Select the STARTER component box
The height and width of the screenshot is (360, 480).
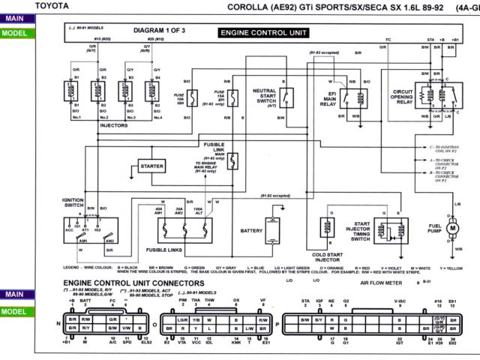pyautogui.click(x=151, y=166)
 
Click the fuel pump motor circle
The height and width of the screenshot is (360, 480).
pyautogui.click(x=452, y=226)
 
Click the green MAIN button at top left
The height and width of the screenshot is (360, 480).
pyautogui.click(x=14, y=19)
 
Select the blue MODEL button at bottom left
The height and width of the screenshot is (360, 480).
pyautogui.click(x=14, y=311)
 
